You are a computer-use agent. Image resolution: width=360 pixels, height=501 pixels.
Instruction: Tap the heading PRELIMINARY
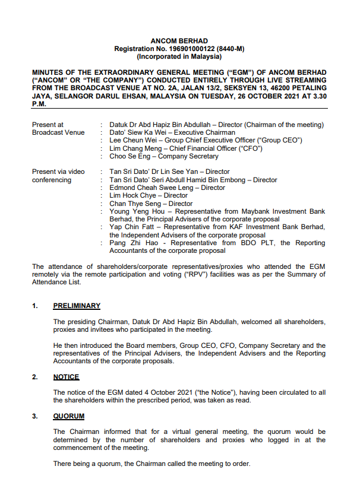(77, 306)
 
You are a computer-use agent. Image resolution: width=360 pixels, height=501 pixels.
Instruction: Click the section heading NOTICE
(66, 377)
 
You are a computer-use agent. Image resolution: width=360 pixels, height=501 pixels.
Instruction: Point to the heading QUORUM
(68, 416)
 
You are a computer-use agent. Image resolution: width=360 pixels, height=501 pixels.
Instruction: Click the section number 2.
(34, 377)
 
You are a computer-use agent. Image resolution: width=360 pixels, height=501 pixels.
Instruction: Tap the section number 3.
(34, 416)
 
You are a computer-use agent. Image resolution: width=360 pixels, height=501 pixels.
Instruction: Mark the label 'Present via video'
(58, 172)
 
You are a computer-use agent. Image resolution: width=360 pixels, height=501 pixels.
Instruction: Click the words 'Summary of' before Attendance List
(308, 274)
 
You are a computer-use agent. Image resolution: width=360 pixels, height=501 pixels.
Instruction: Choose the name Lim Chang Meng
(133, 148)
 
